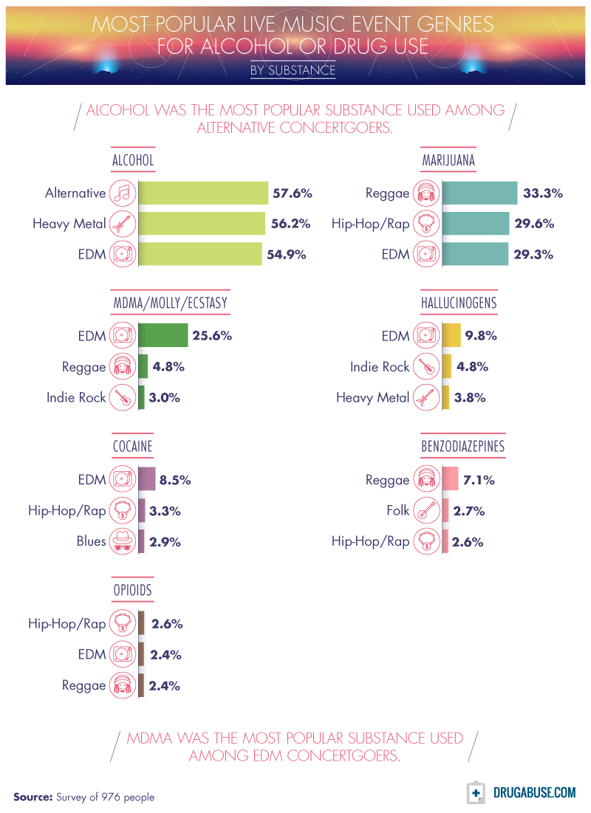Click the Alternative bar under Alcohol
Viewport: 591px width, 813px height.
click(203, 193)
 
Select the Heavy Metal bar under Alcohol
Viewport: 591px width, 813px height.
click(202, 224)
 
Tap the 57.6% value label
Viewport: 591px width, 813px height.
click(293, 193)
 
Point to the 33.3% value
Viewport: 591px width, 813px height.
click(543, 193)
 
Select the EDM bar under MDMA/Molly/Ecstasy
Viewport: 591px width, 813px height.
click(163, 336)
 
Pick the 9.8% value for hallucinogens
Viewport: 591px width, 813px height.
click(481, 336)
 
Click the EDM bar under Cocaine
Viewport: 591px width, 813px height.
click(147, 479)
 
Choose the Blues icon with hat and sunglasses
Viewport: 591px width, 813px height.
click(121, 541)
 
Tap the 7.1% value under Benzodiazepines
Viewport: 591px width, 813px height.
click(479, 480)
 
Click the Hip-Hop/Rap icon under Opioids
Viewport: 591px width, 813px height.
click(121, 624)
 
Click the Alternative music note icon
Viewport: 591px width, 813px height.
click(121, 193)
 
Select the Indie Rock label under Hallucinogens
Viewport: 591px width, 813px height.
click(380, 366)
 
